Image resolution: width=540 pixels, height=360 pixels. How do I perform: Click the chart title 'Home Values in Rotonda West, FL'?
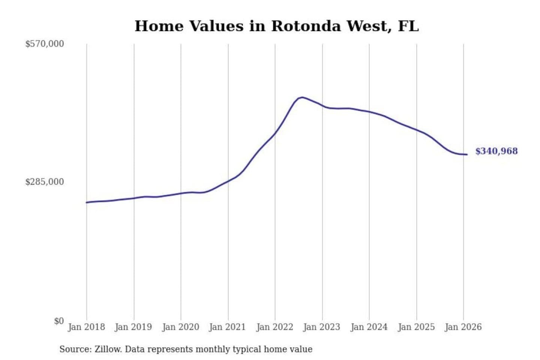(276, 26)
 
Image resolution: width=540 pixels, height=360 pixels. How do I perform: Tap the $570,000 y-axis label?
(44, 44)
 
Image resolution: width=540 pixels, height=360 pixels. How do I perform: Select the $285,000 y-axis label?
(44, 182)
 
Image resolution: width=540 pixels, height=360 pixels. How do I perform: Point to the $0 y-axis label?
(58, 321)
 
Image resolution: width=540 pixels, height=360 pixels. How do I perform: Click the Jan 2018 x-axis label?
(86, 327)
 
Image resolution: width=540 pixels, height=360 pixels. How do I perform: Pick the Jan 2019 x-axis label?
(133, 327)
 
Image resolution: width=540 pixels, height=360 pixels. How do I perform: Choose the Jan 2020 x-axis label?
(180, 327)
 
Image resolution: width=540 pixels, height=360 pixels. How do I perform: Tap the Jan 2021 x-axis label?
(227, 327)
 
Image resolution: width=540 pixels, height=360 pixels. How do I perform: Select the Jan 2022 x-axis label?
(274, 327)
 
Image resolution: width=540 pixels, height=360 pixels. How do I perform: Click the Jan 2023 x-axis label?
(321, 327)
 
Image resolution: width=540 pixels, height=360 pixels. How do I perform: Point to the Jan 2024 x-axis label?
(369, 327)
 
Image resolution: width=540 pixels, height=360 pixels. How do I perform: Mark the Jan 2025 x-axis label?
(416, 327)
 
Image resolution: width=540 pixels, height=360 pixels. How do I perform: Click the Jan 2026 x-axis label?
(463, 327)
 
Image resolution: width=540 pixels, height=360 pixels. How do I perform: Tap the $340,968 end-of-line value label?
(496, 151)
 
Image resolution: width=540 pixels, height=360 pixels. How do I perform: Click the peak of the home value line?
(302, 97)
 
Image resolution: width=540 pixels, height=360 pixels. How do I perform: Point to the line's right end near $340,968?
(466, 154)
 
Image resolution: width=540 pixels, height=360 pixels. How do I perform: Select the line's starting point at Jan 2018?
(87, 202)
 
